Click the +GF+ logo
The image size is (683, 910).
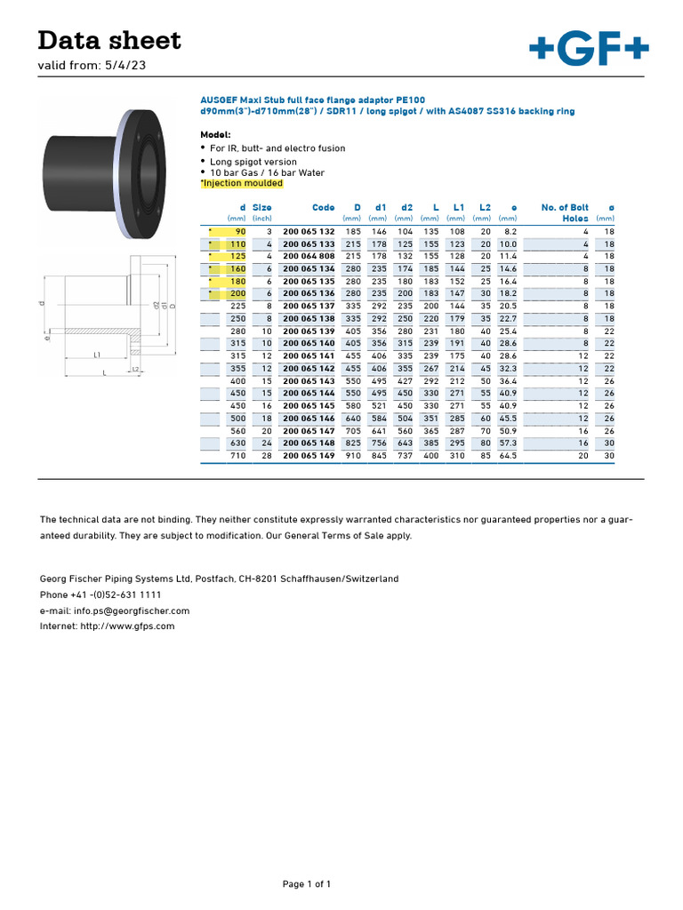click(588, 49)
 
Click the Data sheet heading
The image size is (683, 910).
click(109, 40)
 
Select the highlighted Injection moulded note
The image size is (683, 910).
click(242, 183)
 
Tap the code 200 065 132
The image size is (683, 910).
click(309, 231)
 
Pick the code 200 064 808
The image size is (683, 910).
click(309, 256)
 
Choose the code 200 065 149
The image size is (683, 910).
click(309, 455)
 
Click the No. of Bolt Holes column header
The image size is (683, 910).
click(565, 212)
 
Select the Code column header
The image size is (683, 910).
click(323, 207)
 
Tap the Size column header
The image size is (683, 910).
click(261, 207)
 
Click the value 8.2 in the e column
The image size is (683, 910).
click(510, 231)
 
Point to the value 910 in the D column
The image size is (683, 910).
click(353, 455)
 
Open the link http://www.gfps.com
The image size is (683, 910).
click(128, 626)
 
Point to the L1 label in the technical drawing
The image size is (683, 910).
click(96, 355)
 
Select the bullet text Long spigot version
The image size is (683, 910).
click(253, 161)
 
